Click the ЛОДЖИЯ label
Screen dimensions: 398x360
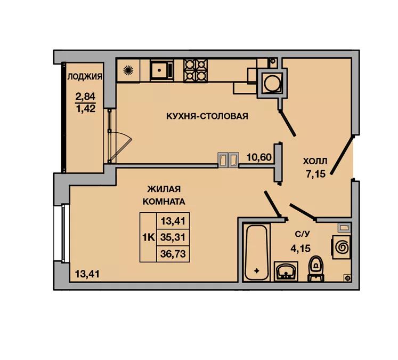(x=85, y=76)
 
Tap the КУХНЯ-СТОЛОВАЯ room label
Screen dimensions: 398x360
(x=207, y=116)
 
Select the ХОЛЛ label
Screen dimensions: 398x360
(x=315, y=161)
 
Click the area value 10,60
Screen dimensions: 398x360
(x=259, y=157)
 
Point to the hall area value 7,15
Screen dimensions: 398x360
(x=315, y=174)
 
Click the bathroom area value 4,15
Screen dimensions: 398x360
(x=300, y=248)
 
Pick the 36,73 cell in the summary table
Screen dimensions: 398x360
(x=173, y=253)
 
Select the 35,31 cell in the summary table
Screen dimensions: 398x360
(x=173, y=237)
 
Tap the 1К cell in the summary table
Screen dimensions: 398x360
(x=148, y=237)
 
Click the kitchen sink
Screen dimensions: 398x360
(x=161, y=70)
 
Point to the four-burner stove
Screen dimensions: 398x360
(x=196, y=71)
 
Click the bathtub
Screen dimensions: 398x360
(x=257, y=252)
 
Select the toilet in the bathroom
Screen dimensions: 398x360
(x=316, y=269)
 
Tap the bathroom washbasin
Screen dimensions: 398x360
(x=286, y=271)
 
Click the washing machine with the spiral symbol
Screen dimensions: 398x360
(x=342, y=247)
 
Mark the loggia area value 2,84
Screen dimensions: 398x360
(x=85, y=97)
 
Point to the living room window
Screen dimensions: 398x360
(x=62, y=234)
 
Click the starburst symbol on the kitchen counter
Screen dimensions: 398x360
(x=128, y=70)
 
